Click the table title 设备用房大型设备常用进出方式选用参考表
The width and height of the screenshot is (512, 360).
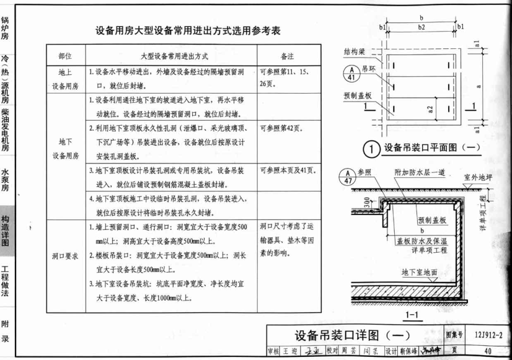tap(188, 30)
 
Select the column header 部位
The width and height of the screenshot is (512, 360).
tap(64, 56)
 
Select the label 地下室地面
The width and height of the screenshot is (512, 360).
tap(421, 271)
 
